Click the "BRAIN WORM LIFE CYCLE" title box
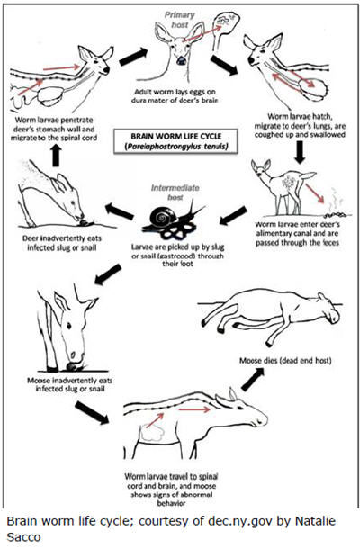[175, 141]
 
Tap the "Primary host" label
[180, 20]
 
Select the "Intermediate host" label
[175, 193]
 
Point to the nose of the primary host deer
[181, 61]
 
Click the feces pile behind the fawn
[337, 214]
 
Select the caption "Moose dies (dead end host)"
[285, 360]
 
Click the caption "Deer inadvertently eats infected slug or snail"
[62, 243]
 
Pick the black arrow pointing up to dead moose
[252, 380]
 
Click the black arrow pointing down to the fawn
[300, 152]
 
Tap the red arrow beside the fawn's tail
[315, 193]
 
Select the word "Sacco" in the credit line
[23, 536]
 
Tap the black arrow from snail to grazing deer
[119, 211]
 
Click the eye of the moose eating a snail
[69, 327]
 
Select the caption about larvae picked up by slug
[177, 256]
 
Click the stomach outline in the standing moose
[153, 433]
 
